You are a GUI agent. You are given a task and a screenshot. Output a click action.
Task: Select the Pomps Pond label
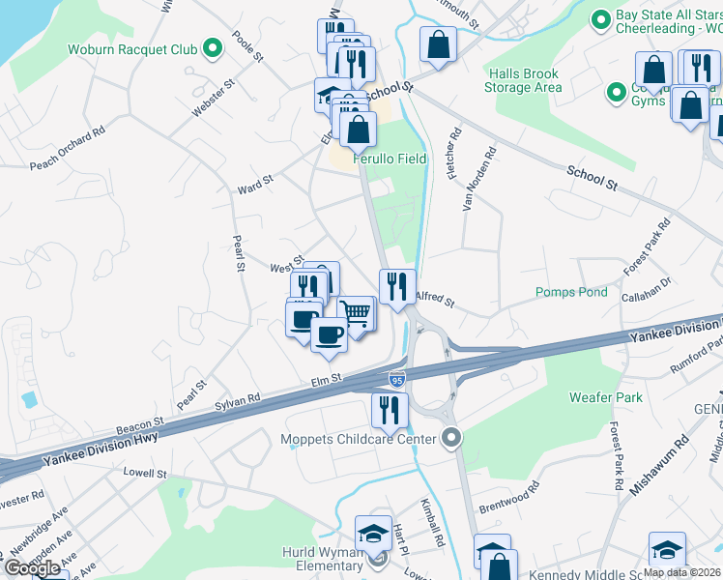[572, 292]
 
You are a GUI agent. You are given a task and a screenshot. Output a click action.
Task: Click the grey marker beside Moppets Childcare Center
[450, 439]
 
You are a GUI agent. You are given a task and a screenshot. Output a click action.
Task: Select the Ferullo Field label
[389, 159]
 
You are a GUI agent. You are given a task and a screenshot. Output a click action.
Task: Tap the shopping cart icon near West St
[356, 313]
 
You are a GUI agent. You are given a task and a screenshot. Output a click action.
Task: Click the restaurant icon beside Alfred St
[396, 286]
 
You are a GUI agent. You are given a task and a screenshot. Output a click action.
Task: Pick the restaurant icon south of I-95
[389, 410]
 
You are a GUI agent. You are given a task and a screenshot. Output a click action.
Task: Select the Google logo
[33, 568]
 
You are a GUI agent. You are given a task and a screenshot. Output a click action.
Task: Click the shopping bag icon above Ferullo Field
[357, 129]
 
